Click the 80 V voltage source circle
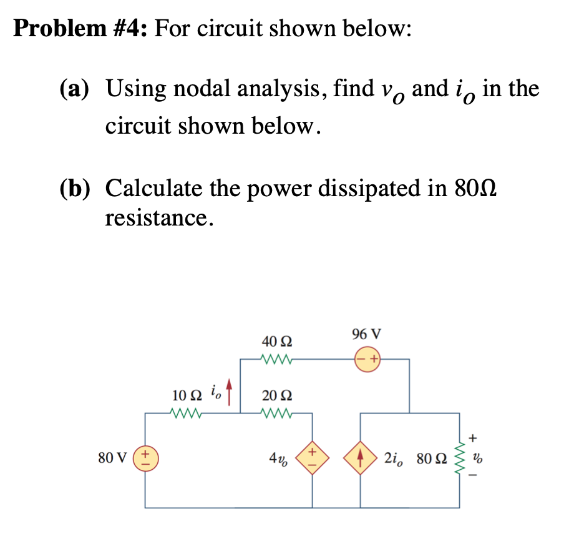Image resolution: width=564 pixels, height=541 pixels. pyautogui.click(x=146, y=458)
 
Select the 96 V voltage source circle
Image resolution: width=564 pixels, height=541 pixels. pyautogui.click(x=367, y=359)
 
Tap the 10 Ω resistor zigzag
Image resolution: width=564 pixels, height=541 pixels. pyautogui.click(x=185, y=413)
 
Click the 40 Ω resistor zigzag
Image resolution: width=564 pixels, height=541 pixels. pyautogui.click(x=276, y=359)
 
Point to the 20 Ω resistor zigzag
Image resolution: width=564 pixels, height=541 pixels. pyautogui.click(x=276, y=413)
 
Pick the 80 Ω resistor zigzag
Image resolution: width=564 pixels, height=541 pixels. pyautogui.click(x=459, y=458)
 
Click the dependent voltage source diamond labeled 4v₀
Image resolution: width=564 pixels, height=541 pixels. pyautogui.click(x=312, y=458)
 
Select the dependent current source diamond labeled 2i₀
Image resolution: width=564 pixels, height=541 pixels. pyautogui.click(x=361, y=458)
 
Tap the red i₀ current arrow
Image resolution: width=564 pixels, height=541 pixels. pyautogui.click(x=229, y=392)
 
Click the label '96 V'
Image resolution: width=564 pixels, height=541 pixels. pyautogui.click(x=366, y=334)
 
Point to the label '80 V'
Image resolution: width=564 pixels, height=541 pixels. pyautogui.click(x=112, y=458)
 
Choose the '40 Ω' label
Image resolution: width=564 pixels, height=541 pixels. pyautogui.click(x=276, y=341)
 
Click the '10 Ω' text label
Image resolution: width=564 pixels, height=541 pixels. pyautogui.click(x=187, y=395)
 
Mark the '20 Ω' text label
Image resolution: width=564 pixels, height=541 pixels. pyautogui.click(x=276, y=395)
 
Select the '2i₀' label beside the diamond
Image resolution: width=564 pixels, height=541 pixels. pyautogui.click(x=393, y=459)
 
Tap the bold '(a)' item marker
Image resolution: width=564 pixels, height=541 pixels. pyautogui.click(x=74, y=89)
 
